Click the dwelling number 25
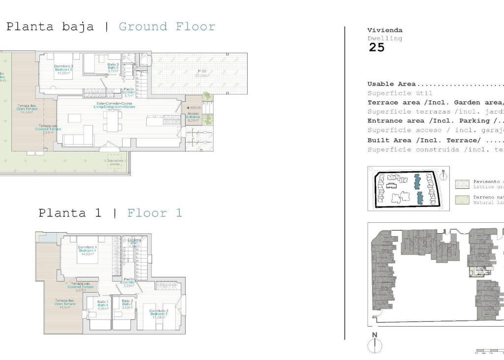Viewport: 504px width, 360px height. (377, 48)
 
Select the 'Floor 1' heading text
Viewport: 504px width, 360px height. (155, 213)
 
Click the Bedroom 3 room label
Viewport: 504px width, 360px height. (63, 69)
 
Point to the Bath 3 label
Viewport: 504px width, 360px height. (114, 67)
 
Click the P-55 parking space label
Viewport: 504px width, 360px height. (200, 73)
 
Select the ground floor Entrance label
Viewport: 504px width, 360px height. (193, 117)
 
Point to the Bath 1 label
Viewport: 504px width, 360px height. (103, 304)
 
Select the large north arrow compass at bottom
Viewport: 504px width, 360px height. (375, 343)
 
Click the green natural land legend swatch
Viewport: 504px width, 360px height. (462, 199)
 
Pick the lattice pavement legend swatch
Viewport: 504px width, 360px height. (462, 183)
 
